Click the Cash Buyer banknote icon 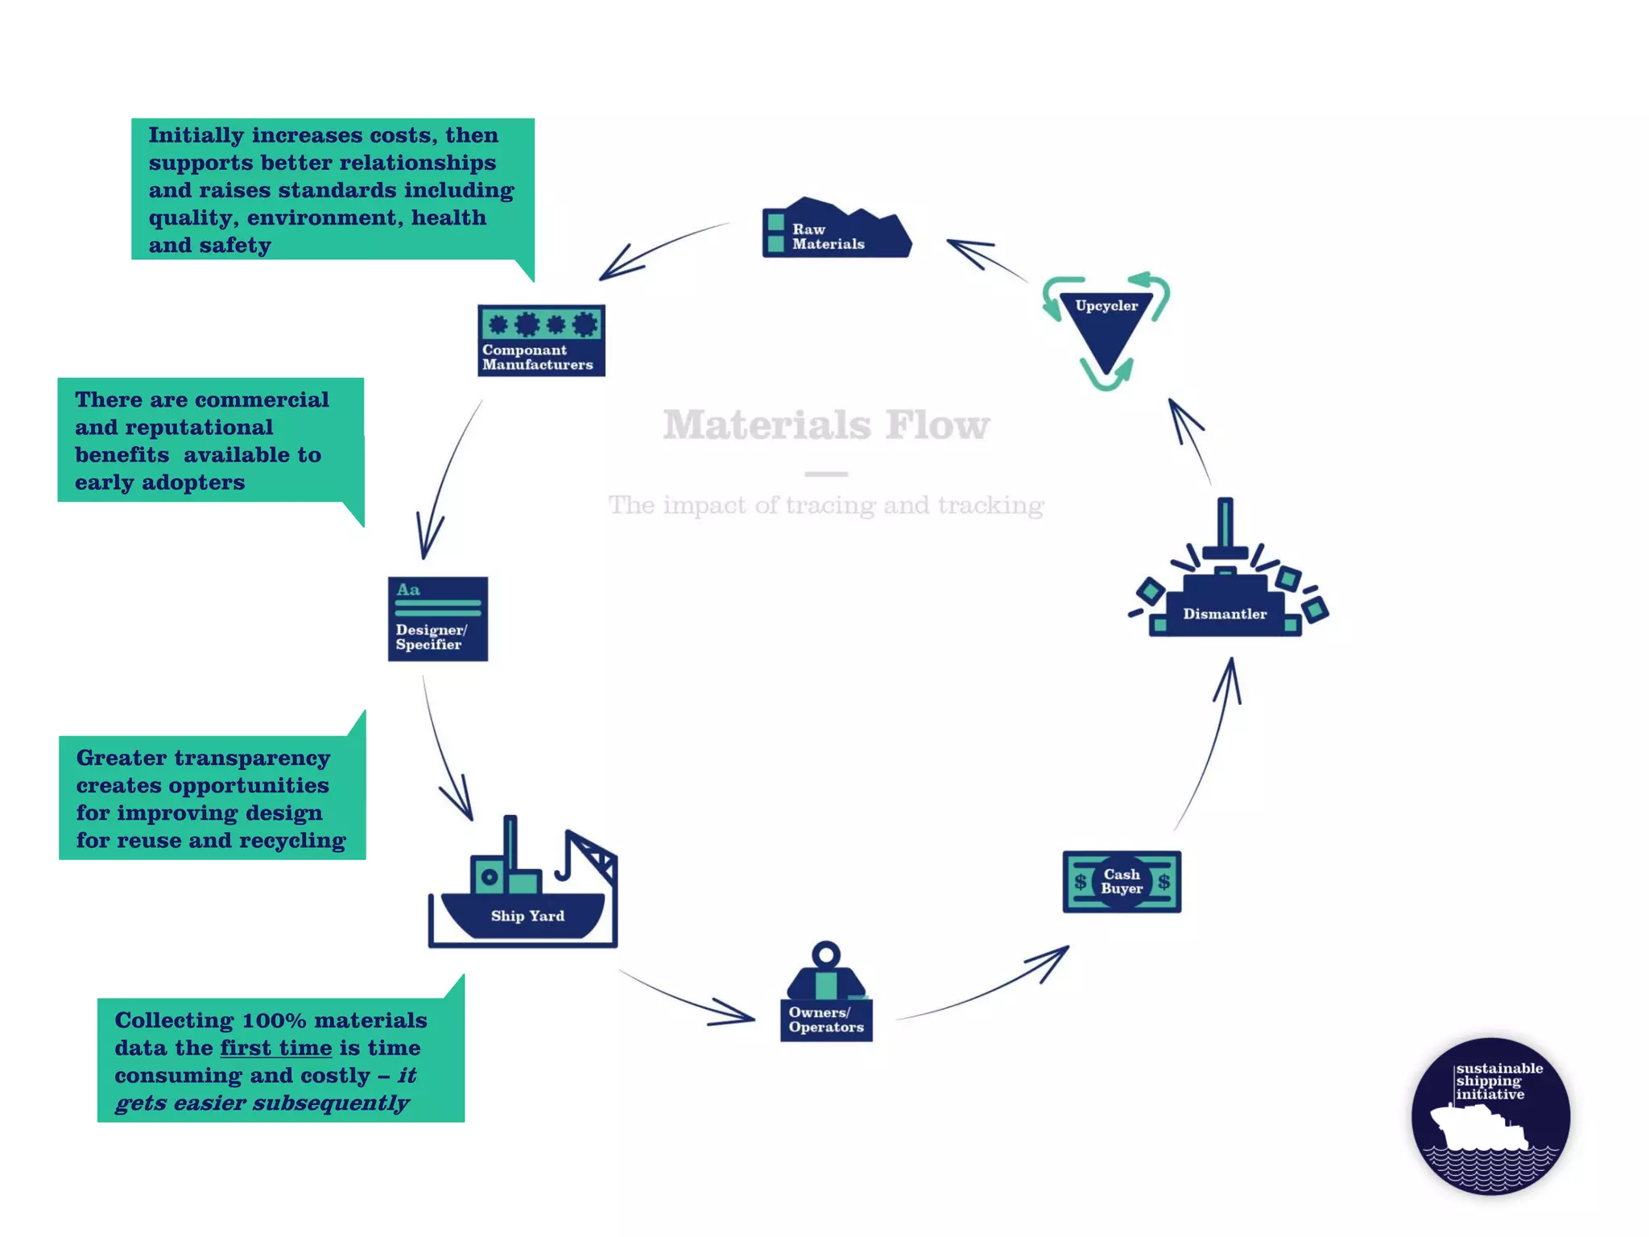(1122, 882)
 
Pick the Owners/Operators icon (826, 996)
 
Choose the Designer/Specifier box (438, 619)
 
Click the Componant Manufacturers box (541, 341)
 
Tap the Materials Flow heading (826, 424)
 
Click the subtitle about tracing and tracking (826, 506)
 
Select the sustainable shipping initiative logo (1490, 1116)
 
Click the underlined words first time (276, 1049)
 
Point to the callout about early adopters (210, 441)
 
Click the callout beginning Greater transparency (212, 798)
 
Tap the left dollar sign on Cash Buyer (1081, 882)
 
